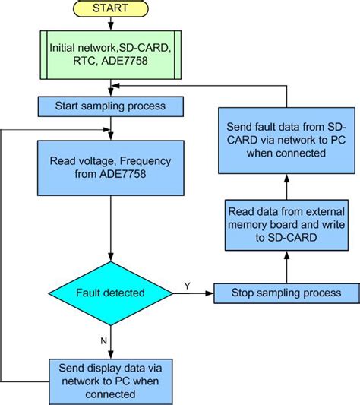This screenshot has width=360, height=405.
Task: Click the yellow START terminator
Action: click(110, 10)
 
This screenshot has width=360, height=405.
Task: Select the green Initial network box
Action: click(111, 54)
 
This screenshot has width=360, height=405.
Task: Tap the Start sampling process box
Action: click(111, 104)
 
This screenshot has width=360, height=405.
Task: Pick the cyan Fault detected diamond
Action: click(111, 292)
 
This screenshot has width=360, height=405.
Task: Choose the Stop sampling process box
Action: click(286, 293)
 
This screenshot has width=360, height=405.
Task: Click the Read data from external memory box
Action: click(286, 225)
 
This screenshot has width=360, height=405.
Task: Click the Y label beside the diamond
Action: click(188, 285)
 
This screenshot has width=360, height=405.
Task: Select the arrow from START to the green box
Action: click(111, 25)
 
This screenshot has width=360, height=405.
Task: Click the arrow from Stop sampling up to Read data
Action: click(286, 268)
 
